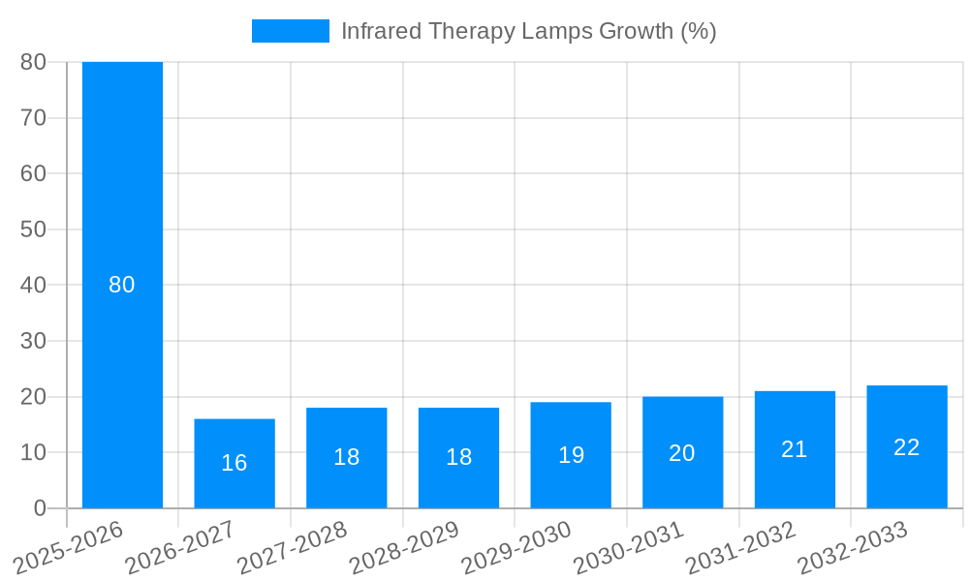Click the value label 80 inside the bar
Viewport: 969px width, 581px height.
pos(122,285)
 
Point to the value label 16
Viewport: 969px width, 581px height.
pos(234,463)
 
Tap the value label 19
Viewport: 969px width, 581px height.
pos(571,455)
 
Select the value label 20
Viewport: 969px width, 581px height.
pos(682,453)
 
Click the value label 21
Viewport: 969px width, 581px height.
pos(795,449)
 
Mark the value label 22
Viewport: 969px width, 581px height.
pos(907,447)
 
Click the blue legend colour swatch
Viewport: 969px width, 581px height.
pos(290,31)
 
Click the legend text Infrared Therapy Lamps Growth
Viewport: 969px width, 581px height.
pos(528,31)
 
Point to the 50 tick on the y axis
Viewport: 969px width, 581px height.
pos(33,229)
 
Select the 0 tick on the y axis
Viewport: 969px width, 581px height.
pos(40,508)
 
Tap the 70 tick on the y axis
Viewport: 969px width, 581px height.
pos(33,118)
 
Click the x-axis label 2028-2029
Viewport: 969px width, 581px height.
pos(404,548)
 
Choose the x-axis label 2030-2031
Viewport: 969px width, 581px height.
pos(629,548)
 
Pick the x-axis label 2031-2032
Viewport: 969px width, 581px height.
pos(741,548)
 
